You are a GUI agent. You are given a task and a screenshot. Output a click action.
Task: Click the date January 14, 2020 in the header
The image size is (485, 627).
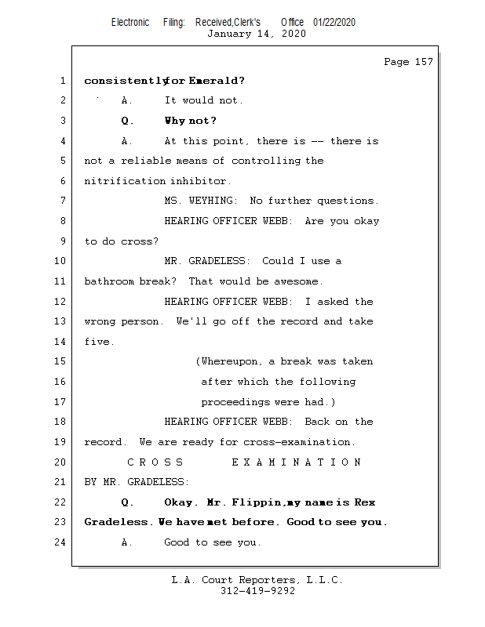[256, 34]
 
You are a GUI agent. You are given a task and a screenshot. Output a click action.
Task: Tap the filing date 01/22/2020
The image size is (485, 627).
[334, 22]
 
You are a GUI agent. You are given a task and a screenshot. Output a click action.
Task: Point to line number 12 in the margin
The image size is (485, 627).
[61, 302]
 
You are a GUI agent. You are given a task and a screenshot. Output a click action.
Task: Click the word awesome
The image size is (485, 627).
[297, 281]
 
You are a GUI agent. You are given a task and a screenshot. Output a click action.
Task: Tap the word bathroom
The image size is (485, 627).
[109, 281]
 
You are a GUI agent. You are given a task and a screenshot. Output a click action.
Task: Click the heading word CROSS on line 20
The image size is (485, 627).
[155, 462]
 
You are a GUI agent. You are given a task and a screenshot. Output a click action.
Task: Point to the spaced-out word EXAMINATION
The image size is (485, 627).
[297, 462]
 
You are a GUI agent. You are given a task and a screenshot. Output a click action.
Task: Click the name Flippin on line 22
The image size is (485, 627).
[256, 502]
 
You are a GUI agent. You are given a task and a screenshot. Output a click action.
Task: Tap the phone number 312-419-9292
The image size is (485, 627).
[257, 591]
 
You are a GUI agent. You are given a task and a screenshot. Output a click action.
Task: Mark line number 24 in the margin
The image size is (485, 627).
[61, 542]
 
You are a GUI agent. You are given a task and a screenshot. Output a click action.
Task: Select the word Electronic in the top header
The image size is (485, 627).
[130, 22]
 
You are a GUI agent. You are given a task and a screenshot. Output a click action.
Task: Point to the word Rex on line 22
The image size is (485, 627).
[365, 502]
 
